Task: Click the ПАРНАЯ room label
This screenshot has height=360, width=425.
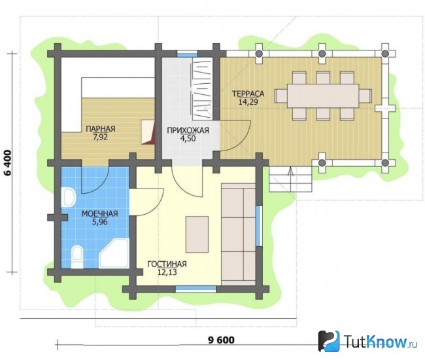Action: [101, 128]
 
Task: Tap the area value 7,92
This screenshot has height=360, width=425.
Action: [100, 137]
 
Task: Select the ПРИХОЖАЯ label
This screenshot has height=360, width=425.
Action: [188, 130]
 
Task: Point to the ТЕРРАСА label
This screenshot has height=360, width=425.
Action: [248, 94]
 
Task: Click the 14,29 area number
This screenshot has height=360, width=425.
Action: [248, 102]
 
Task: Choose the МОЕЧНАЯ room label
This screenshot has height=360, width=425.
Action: [100, 214]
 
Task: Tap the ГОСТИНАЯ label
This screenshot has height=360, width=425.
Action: [167, 264]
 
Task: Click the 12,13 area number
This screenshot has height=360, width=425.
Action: [167, 272]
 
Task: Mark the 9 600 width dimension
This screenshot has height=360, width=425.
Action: [221, 340]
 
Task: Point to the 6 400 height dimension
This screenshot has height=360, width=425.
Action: [8, 163]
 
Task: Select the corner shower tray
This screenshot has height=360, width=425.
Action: [114, 253]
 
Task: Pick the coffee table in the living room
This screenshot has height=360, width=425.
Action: [197, 234]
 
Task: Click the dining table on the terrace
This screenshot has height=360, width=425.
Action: [323, 96]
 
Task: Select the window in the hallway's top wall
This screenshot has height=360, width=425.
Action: [187, 54]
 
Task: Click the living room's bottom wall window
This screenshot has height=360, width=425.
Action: [196, 289]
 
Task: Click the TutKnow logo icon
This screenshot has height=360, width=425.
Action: [329, 341]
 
